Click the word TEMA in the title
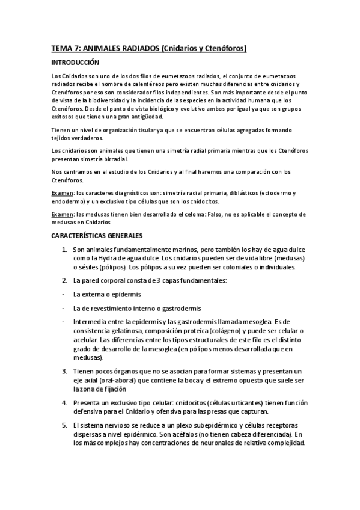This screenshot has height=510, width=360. click(x=61, y=48)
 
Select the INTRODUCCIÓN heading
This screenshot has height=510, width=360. click(x=74, y=63)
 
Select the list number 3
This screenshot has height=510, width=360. click(x=64, y=372)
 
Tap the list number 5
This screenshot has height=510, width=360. click(x=64, y=425)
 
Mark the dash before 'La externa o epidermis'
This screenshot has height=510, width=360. click(x=64, y=295)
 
